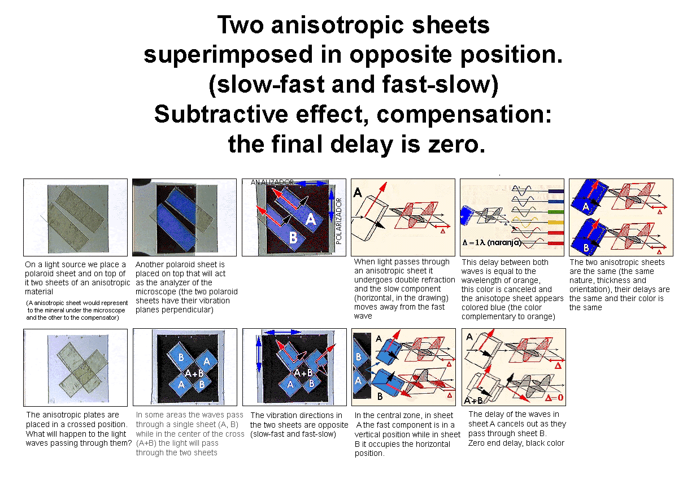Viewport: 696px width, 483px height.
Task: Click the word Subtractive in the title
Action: point(221,114)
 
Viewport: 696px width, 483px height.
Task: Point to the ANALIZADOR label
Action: point(272,182)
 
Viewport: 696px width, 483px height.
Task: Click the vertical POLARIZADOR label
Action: point(338,221)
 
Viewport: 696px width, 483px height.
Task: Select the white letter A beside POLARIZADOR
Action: point(310,220)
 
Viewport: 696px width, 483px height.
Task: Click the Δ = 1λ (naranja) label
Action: point(491,242)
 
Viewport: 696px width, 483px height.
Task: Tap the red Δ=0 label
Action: point(554,398)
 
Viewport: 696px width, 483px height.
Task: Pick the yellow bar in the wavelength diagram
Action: point(556,223)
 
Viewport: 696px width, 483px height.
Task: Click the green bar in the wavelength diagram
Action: point(556,212)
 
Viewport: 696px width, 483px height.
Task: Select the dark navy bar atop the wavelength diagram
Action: point(556,192)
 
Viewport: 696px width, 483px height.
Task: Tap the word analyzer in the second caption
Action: point(199,282)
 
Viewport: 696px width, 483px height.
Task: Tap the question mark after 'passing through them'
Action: point(129,443)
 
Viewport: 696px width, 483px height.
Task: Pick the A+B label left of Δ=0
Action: point(473,401)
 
